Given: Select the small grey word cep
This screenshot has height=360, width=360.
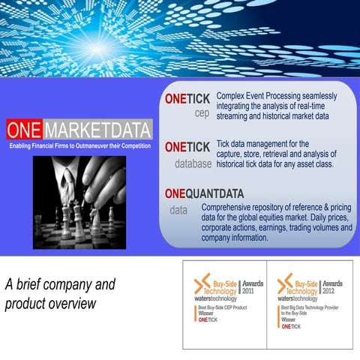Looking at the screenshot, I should pos(201,114).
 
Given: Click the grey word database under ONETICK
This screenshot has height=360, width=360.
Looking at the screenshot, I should pos(193,162).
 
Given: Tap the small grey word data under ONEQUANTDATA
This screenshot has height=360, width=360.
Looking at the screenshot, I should pos(178,210).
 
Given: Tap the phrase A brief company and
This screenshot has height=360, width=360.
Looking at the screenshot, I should pos(60,285).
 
